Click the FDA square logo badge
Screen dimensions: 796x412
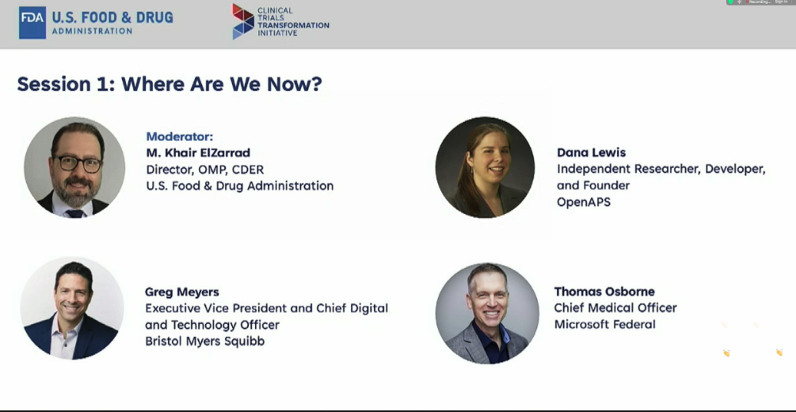(x=32, y=23)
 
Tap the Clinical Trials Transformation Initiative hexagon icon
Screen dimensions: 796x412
(x=243, y=21)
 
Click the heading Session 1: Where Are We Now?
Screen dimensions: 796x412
(x=169, y=84)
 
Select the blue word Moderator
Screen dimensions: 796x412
(x=180, y=136)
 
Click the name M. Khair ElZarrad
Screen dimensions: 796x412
(x=199, y=153)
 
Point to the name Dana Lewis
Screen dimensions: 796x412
(x=592, y=152)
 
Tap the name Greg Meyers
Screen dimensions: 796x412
(x=182, y=292)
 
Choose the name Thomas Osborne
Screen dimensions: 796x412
(x=604, y=292)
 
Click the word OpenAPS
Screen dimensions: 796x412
(x=584, y=202)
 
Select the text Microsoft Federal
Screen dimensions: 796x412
(x=605, y=324)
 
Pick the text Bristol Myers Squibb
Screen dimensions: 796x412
(x=205, y=341)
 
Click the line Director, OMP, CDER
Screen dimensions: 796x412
(x=205, y=170)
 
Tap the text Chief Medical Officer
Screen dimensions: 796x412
(x=615, y=308)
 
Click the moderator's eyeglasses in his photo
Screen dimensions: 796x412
(x=78, y=163)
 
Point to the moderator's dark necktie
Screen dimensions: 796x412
(x=76, y=213)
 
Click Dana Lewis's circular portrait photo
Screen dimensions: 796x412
(x=486, y=168)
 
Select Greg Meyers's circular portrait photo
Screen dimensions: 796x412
(x=73, y=308)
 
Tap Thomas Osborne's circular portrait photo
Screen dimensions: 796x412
(x=487, y=313)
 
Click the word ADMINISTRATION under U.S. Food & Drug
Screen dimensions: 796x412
(x=93, y=31)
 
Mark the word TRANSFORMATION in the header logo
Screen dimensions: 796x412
(x=293, y=25)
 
